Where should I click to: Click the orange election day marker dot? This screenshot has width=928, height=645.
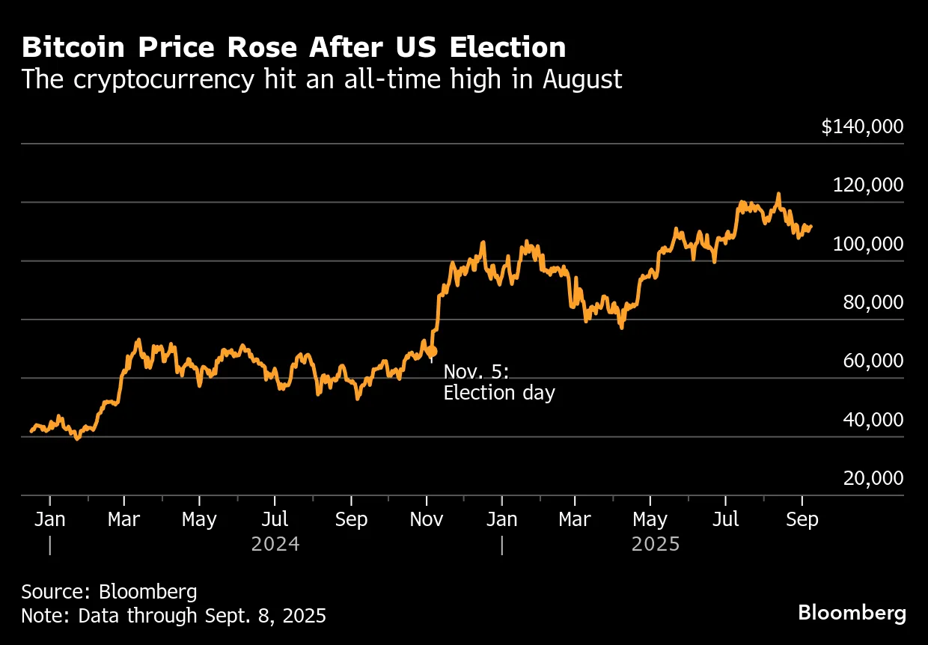pos(431,351)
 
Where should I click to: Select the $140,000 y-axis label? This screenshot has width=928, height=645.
pos(862,126)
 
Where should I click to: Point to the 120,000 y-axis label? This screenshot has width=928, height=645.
pos(868,185)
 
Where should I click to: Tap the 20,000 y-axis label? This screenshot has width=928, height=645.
pos(873,478)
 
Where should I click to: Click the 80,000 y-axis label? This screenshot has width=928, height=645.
pos(873,302)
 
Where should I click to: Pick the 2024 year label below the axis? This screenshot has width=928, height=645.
pos(275,544)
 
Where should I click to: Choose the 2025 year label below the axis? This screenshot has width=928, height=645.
pos(656,544)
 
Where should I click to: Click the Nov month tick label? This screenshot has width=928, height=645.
pos(426,519)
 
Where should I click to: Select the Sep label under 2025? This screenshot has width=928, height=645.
pos(802,519)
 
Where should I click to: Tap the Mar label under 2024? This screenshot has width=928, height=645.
pos(124,519)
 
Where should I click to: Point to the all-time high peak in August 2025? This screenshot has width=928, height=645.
pos(778,194)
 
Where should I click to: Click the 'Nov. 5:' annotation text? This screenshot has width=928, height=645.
pos(476,372)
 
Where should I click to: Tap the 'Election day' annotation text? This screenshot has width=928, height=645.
pos(499,393)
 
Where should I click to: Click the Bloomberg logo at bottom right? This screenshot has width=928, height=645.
pos(852,613)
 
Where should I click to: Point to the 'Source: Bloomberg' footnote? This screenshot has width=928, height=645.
pos(109,592)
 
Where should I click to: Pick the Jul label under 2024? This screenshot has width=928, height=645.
pos(275,519)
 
